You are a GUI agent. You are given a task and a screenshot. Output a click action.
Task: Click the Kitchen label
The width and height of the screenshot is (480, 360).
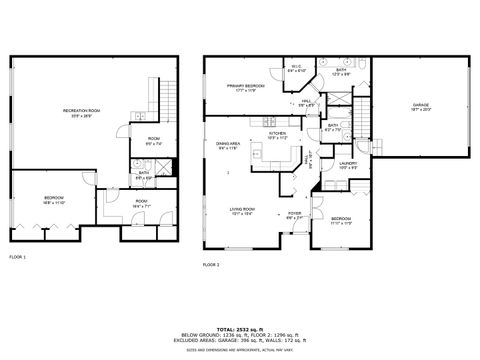(277, 135)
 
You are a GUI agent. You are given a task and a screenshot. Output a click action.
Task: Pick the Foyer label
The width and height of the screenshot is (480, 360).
(296, 214)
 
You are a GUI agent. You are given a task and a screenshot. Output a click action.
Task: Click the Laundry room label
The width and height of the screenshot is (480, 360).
(348, 165)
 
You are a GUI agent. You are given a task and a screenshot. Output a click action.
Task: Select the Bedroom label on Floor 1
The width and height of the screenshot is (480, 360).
(54, 200)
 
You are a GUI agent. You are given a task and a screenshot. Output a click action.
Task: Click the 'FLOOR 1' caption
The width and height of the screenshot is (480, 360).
(18, 258)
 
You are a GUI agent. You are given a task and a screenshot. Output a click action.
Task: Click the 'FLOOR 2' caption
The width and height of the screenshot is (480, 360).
(211, 264)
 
